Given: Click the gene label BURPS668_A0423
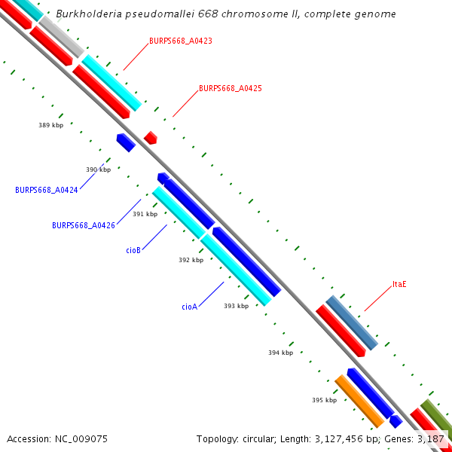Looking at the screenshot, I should click(x=180, y=41).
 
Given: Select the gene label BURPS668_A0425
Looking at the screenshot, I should click(x=230, y=88).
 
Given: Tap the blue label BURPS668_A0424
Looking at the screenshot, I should click(x=46, y=190).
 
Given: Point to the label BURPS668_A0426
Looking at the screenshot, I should click(x=83, y=225).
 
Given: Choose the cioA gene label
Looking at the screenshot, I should click(x=189, y=307).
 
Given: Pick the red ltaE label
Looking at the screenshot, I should click(x=399, y=285).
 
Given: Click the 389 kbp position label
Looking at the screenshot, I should click(x=51, y=125).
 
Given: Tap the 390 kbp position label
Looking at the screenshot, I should click(x=98, y=169).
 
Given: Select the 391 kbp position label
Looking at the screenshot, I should click(x=145, y=214).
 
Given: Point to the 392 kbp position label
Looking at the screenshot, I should click(x=191, y=260).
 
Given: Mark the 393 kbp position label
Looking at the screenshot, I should click(x=236, y=306).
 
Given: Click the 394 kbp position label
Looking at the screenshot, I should click(x=280, y=353).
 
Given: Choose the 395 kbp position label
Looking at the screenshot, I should click(x=324, y=400).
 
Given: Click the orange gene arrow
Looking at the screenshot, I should click(x=359, y=400).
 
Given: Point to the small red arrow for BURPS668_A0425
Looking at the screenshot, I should click(x=151, y=137).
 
